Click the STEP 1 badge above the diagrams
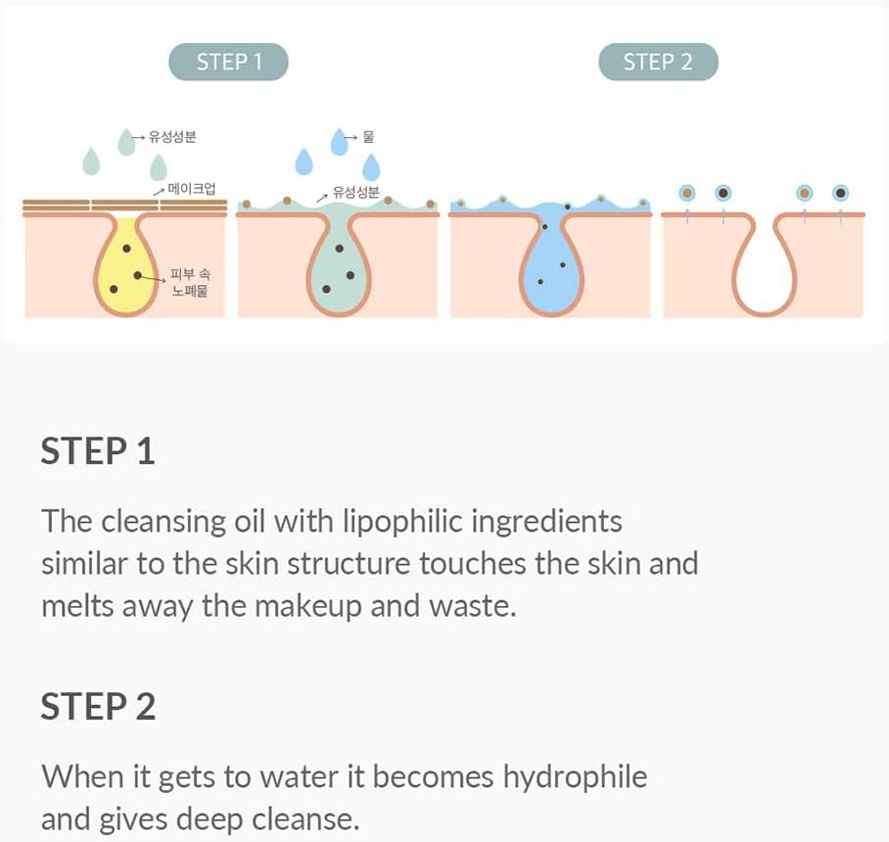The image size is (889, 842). (229, 63)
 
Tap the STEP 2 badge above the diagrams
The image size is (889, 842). (658, 63)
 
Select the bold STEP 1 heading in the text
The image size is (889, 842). (98, 451)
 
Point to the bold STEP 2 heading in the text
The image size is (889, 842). (98, 706)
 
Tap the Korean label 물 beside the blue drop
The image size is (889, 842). (368, 137)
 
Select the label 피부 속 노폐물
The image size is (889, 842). (189, 283)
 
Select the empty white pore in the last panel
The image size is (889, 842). (763, 269)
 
